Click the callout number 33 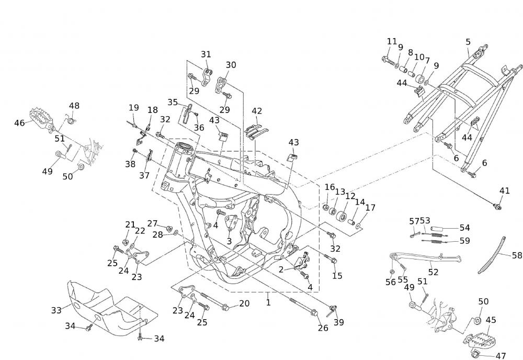click(x=56, y=310)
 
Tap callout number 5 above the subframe click(x=468, y=41)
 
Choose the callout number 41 click(x=504, y=191)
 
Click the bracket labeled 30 click(x=223, y=84)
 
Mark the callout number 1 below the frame click(x=268, y=302)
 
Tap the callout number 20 click(x=244, y=303)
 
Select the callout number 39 click(x=339, y=322)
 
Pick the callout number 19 click(x=134, y=108)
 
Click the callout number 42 click(x=256, y=111)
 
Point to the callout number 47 click(x=501, y=356)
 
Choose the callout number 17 click(x=370, y=208)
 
